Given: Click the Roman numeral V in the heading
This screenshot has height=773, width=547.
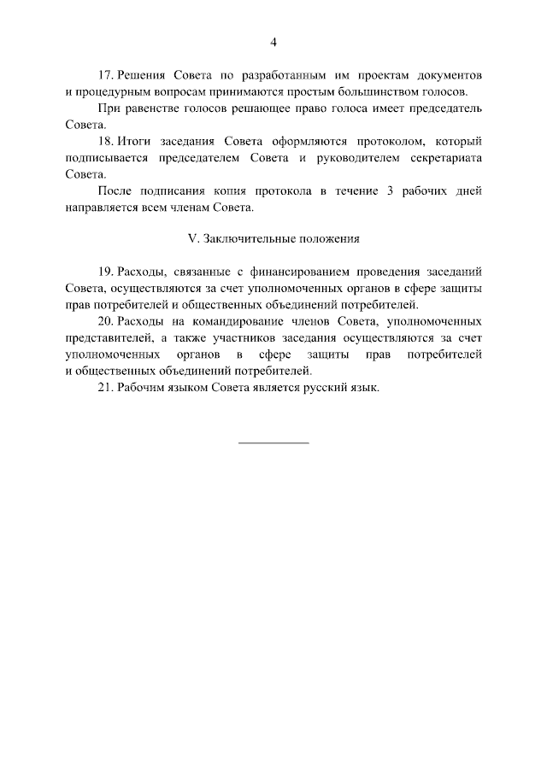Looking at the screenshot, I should (191, 239).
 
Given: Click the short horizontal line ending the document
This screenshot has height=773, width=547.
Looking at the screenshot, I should (273, 442).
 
